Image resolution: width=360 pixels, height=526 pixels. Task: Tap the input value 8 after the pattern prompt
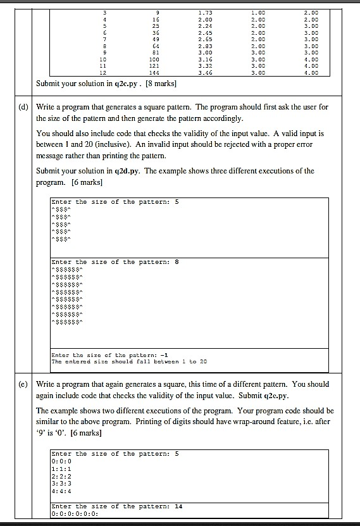[x=177, y=261]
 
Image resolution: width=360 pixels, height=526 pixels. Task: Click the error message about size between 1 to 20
[x=129, y=361]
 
